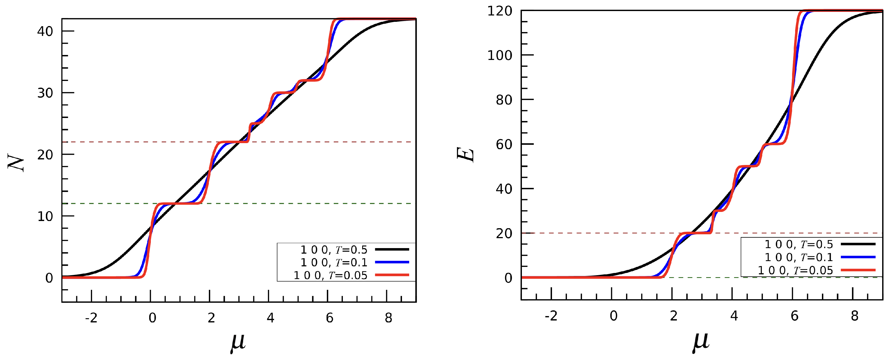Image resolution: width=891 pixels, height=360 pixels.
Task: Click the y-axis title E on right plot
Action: click(465, 155)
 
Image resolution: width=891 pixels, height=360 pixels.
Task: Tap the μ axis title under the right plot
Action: click(701, 341)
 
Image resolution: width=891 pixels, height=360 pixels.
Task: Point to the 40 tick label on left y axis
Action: click(45, 31)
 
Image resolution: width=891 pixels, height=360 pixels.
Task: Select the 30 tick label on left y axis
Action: click(45, 93)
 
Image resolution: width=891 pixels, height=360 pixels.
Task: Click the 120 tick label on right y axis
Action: click(500, 11)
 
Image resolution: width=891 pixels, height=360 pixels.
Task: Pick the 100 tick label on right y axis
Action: click(500, 55)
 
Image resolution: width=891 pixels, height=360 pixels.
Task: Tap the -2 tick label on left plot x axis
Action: click(91, 317)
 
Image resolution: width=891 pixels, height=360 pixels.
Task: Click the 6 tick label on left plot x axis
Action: click(329, 317)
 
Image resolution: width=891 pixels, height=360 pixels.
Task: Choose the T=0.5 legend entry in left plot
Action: click(333, 249)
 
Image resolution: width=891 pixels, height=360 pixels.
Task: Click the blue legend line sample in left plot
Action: click(391, 262)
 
